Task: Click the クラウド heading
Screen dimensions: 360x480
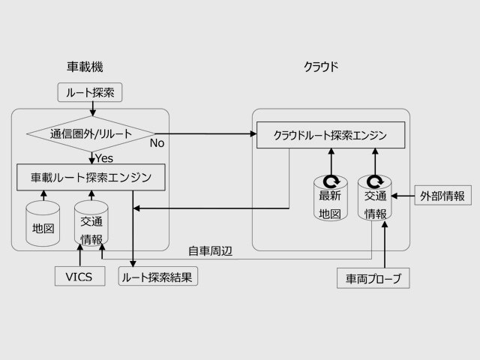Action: (320, 67)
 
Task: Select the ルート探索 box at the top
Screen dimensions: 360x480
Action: (89, 92)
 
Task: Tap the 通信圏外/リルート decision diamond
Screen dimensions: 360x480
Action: (91, 135)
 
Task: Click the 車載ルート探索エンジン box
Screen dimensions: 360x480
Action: (91, 178)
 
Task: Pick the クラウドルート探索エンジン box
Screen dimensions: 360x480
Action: (331, 135)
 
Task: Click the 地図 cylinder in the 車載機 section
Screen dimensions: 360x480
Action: (43, 224)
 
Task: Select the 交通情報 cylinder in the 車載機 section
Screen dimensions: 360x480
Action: (91, 224)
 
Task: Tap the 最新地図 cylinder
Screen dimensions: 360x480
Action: (330, 199)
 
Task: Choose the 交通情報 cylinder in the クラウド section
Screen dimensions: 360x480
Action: (375, 199)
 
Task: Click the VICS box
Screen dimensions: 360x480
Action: (79, 277)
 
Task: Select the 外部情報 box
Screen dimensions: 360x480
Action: (442, 196)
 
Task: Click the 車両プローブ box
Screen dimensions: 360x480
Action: (373, 279)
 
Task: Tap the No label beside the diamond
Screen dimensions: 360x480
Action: (157, 142)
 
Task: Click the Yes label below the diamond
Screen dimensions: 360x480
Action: (103, 158)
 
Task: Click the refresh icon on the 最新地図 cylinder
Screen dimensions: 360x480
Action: (330, 181)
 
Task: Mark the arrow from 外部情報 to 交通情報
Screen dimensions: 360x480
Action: (403, 196)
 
